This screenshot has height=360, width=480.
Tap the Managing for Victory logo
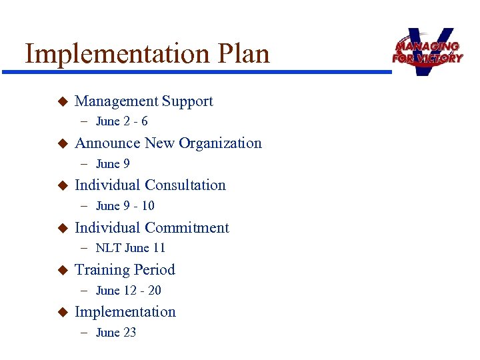coord(427,51)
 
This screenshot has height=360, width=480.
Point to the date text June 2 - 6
coord(121,121)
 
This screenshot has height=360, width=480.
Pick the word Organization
coord(220,143)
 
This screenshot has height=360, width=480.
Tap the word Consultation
coord(185,185)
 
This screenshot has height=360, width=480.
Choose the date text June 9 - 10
coord(125,206)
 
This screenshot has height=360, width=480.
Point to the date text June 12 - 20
coord(128,291)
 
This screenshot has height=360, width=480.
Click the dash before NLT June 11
coord(86,248)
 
